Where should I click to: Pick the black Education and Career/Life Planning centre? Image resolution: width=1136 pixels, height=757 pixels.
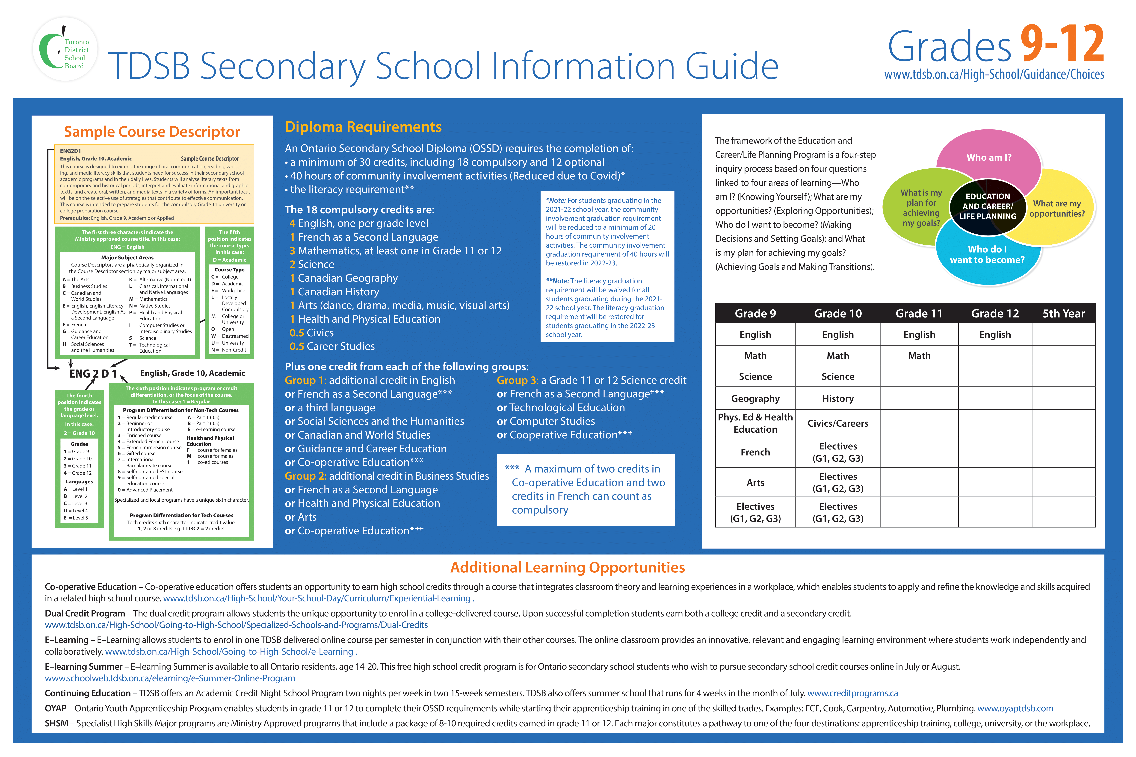point(987,207)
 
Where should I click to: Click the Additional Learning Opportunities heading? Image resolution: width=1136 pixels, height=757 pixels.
point(568,567)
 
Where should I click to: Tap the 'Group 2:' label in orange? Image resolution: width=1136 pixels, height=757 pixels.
point(305,476)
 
